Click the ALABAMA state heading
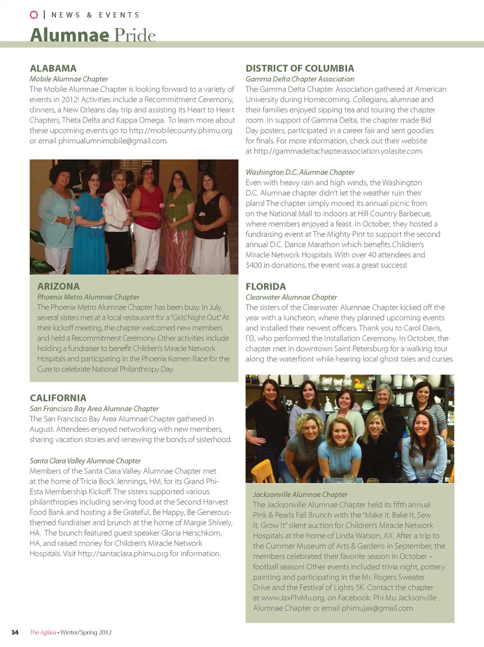click(x=53, y=68)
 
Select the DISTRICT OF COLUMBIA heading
click(x=299, y=68)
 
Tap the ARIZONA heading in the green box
click(x=58, y=286)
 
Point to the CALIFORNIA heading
click(x=57, y=398)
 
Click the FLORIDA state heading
click(x=265, y=286)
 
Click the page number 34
click(x=15, y=632)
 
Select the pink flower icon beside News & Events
click(x=34, y=15)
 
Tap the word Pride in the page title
click(x=135, y=35)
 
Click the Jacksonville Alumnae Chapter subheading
click(x=300, y=494)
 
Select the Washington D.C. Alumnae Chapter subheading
click(x=300, y=172)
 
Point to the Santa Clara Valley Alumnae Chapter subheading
click(x=85, y=461)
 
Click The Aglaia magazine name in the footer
click(x=43, y=632)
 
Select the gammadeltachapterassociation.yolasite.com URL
click(x=338, y=151)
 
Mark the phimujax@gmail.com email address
click(x=377, y=608)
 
